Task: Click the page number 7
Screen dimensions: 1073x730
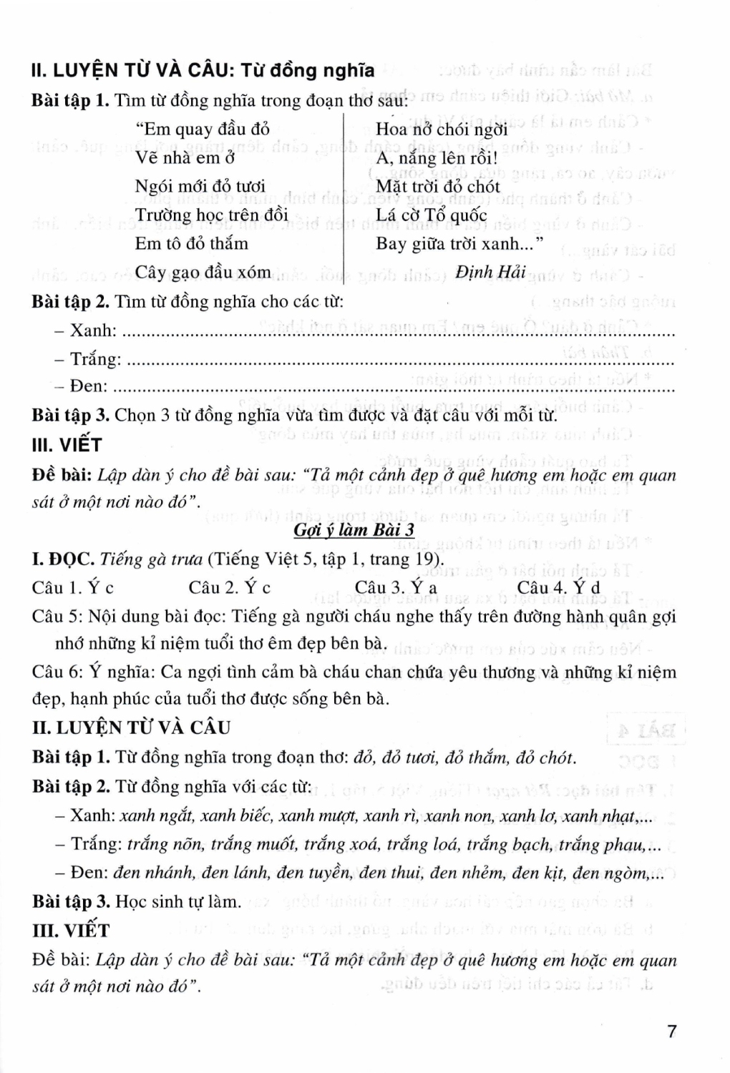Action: pos(671,1032)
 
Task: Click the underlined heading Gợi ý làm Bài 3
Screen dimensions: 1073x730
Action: pos(354,530)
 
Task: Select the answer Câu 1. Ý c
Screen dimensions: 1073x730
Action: pos(73,588)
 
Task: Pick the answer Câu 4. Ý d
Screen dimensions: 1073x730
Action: pos(558,588)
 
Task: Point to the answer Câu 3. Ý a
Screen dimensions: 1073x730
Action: pos(396,588)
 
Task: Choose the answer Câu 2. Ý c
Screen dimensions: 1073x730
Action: pos(230,588)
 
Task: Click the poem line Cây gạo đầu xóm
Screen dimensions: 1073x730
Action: pos(203,273)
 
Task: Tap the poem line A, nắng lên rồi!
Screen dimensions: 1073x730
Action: pos(437,157)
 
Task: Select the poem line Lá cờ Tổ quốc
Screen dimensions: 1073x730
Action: pos(431,215)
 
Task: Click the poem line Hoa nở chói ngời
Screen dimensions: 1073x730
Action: pos(442,129)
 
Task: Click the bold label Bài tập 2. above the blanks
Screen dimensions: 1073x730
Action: pos(70,301)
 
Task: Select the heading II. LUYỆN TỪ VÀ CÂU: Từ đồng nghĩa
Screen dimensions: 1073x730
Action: pos(203,71)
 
